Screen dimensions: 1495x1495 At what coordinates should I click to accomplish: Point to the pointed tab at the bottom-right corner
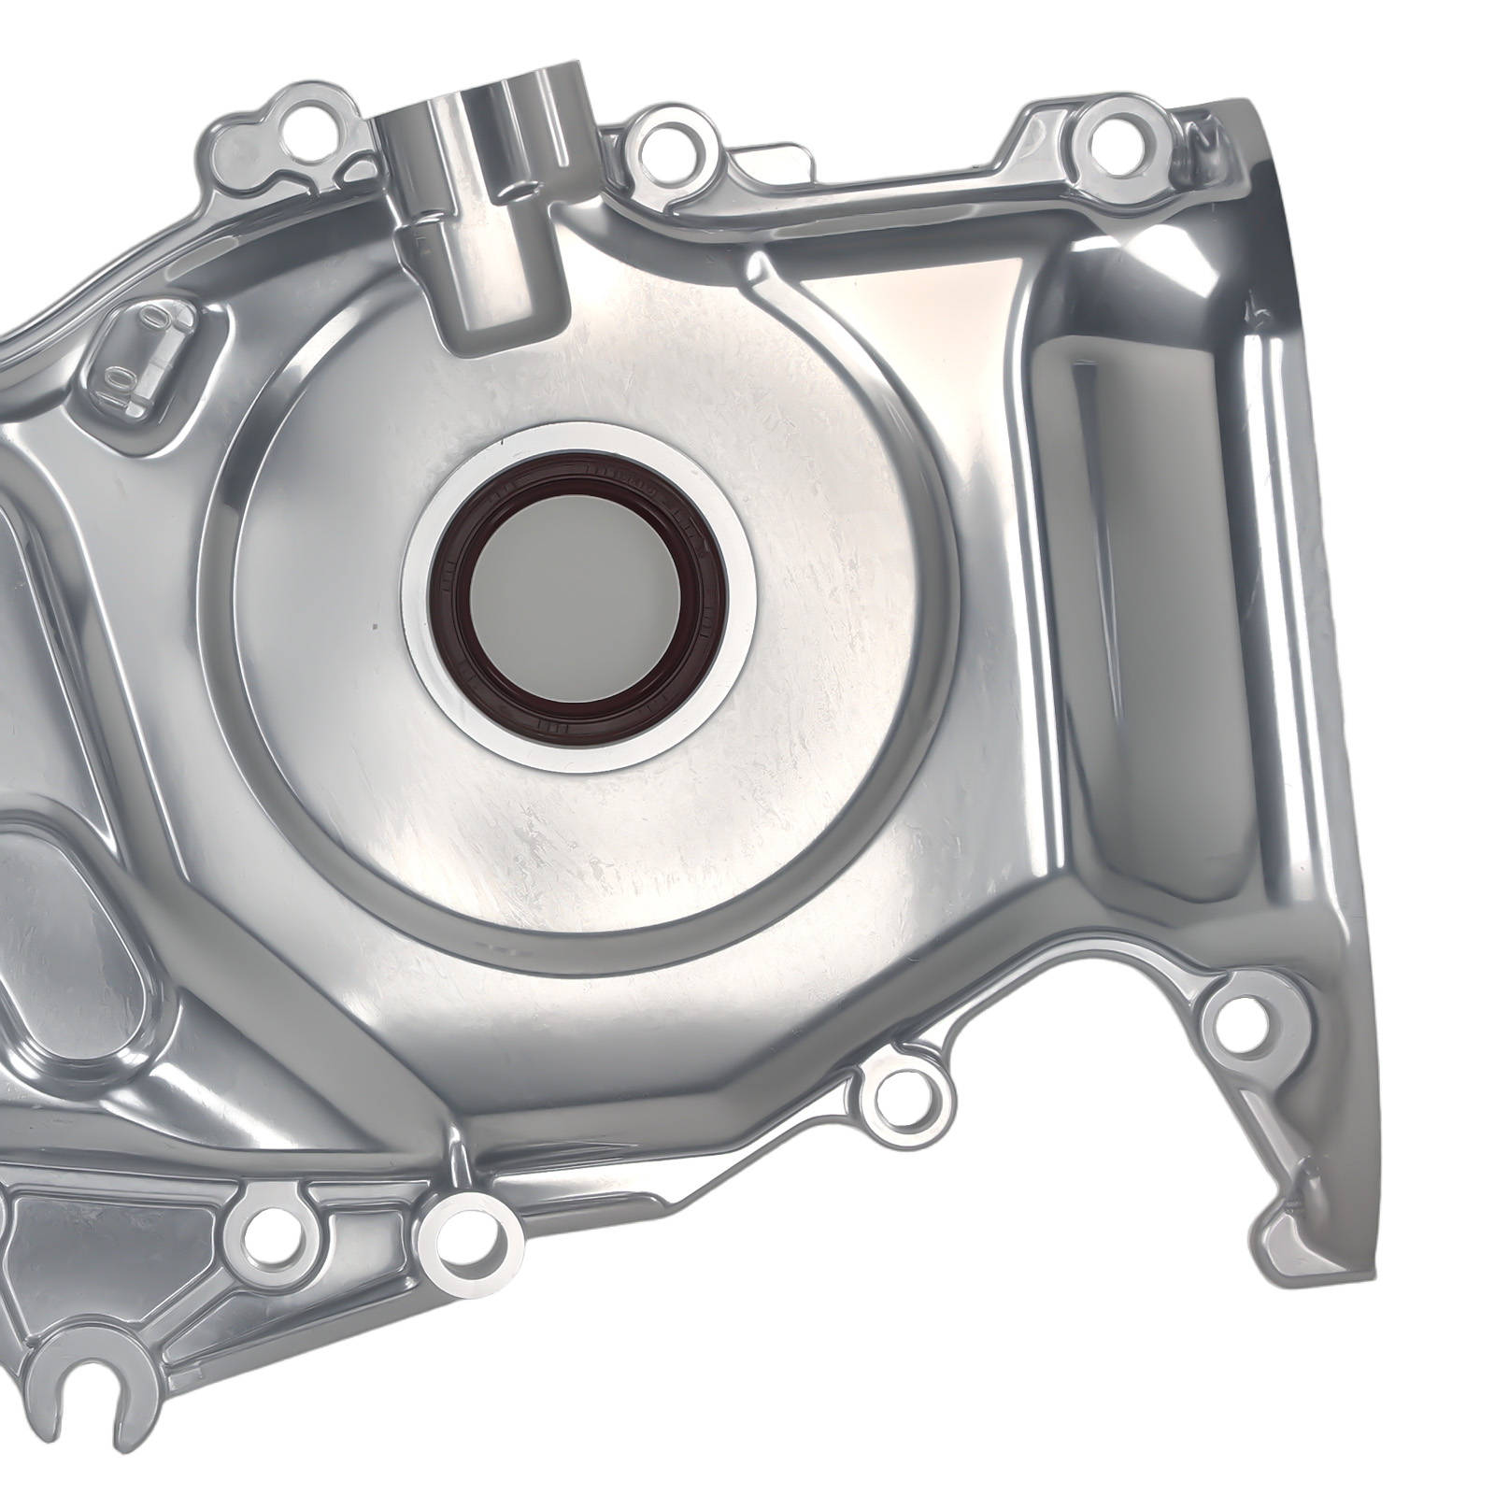coord(1294,1215)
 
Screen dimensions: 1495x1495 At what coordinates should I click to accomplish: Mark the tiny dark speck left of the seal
coord(374,626)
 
